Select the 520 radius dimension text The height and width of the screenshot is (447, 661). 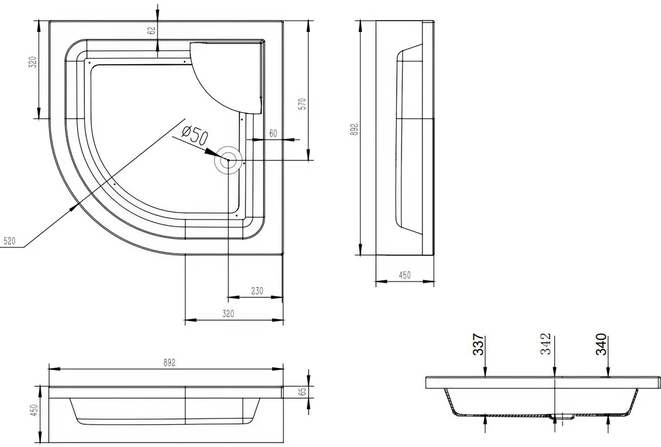[9, 241]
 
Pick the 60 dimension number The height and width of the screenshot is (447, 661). [273, 133]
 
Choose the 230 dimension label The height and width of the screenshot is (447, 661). [257, 291]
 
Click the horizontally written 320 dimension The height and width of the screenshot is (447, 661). [228, 314]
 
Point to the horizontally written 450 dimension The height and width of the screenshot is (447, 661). [404, 275]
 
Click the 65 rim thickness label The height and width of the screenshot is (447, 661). [302, 392]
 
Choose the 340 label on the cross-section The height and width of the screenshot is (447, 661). [601, 344]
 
